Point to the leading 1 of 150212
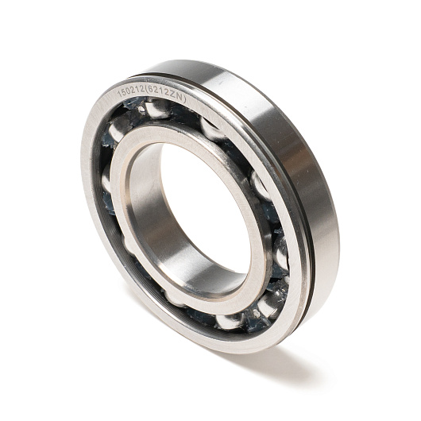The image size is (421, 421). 120,94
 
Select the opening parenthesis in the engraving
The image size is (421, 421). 146,91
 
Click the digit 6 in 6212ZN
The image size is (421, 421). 151,91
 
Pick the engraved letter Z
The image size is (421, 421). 172,95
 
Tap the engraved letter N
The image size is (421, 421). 179,97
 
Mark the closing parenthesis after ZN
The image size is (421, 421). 183,100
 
